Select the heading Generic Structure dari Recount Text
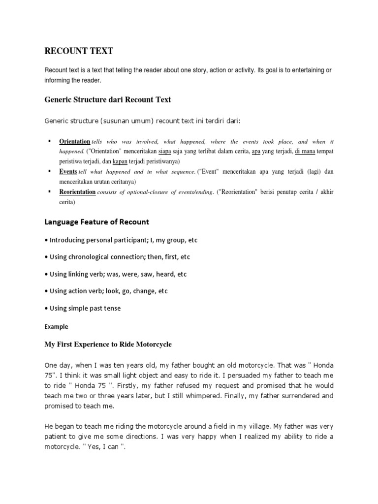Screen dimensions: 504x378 click(108, 99)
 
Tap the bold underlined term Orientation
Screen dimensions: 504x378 click(75, 141)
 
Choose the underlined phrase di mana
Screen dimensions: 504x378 click(305, 151)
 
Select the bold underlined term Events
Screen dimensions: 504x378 click(68, 172)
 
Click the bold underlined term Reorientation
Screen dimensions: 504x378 click(77, 192)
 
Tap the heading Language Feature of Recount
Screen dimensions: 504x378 click(97, 222)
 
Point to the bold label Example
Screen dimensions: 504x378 click(56, 326)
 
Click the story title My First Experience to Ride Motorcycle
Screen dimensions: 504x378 click(108, 345)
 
